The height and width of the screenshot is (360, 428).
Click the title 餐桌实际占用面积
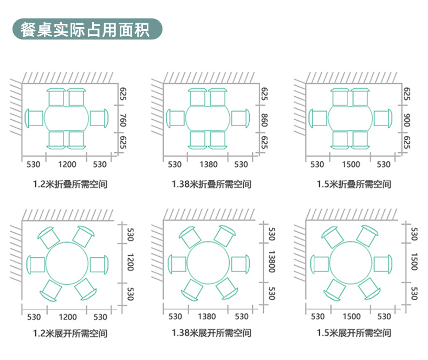coord(85,29)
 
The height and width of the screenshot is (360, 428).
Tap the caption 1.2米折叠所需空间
coord(70,184)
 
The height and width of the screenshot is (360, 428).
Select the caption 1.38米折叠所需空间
coord(211,184)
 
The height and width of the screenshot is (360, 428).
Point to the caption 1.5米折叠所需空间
coord(354,184)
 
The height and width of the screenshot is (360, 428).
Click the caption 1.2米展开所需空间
coord(70,333)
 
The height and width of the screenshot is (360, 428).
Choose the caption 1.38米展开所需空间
coord(211,333)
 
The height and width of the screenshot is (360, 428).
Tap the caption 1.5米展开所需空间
coord(354,333)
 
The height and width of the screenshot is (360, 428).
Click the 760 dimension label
coord(123,120)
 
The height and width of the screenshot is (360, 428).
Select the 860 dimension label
coord(264,120)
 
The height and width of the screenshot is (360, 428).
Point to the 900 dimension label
coord(407,120)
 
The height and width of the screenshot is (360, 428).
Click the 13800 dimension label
coord(271,262)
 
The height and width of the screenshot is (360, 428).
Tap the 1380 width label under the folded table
coord(209,165)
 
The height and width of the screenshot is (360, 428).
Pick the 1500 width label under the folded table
coord(351,165)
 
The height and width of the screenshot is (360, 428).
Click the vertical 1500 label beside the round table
coord(414,262)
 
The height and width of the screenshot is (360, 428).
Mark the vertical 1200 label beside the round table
coord(131,263)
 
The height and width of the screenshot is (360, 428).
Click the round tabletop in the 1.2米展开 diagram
coord(67,263)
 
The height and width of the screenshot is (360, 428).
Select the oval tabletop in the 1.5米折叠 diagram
coord(350,118)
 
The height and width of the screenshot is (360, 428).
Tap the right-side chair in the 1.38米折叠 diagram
coord(240,118)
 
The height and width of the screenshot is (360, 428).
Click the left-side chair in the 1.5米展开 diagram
coord(320,264)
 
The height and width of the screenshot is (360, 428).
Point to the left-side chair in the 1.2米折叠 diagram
coord(34,118)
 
